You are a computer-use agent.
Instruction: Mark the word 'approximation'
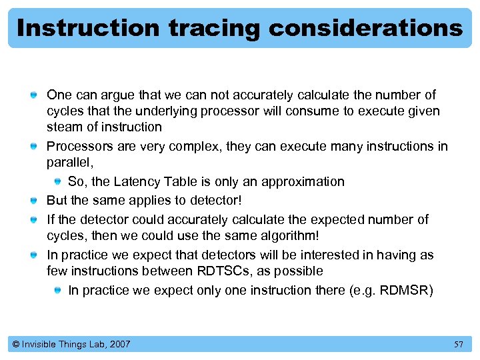coord(303,181)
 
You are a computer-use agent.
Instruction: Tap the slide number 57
coord(458,344)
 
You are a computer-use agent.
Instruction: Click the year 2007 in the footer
coord(119,344)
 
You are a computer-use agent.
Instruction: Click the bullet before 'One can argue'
coord(33,95)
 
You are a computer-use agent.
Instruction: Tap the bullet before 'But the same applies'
coord(33,201)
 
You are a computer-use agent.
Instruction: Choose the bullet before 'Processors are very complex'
coord(33,146)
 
